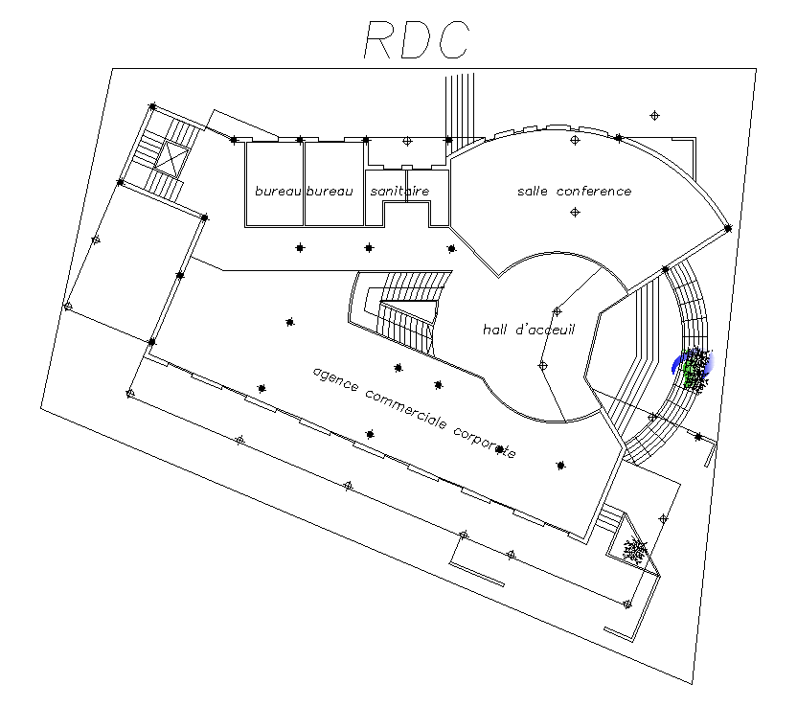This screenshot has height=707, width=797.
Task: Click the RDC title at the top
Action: click(x=417, y=40)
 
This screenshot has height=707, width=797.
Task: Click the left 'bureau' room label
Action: click(x=278, y=192)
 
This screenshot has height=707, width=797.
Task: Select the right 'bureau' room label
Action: click(x=330, y=192)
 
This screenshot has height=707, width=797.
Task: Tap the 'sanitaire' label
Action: click(x=399, y=192)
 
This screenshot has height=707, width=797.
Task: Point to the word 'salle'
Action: click(x=534, y=192)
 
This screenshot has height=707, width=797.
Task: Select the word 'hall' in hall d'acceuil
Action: click(x=496, y=330)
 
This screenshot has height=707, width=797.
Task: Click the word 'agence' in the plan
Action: click(x=335, y=381)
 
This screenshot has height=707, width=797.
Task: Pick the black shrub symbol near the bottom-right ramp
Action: click(x=634, y=550)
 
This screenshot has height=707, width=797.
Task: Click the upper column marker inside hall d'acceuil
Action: click(x=557, y=311)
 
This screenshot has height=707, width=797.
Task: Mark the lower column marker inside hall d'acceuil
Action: click(x=542, y=366)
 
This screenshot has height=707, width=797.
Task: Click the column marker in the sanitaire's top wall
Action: click(x=407, y=142)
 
